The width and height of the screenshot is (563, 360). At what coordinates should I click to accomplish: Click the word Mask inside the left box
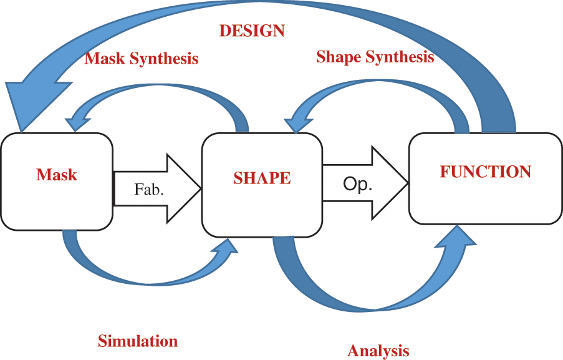(x=57, y=175)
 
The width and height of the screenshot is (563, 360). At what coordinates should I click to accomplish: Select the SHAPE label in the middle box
(x=262, y=178)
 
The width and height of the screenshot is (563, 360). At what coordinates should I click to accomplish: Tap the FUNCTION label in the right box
(x=486, y=172)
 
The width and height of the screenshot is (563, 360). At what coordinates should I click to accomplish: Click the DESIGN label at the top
(x=252, y=31)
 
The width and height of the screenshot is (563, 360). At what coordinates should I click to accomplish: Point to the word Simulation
(x=137, y=341)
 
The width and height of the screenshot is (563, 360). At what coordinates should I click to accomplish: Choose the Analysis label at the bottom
(x=378, y=350)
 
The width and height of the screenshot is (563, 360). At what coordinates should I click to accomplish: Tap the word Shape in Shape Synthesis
(x=337, y=57)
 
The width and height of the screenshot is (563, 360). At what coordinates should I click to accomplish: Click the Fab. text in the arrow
(x=149, y=189)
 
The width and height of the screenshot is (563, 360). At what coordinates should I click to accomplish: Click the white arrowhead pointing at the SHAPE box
(x=184, y=188)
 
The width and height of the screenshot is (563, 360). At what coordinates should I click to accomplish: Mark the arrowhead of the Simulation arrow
(x=226, y=248)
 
